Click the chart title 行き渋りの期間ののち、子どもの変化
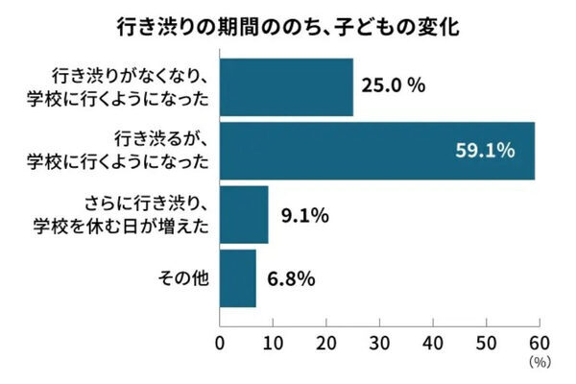(288, 27)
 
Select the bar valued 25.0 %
(286, 85)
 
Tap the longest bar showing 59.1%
(377, 150)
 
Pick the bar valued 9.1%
(244, 215)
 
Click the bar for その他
(238, 278)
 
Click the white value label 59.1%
(486, 150)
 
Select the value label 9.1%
(305, 215)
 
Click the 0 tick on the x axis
(221, 343)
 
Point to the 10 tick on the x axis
(273, 343)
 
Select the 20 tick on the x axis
(325, 343)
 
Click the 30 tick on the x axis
(378, 343)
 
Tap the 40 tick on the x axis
(431, 343)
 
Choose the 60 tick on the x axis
(537, 343)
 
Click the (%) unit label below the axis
(537, 362)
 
